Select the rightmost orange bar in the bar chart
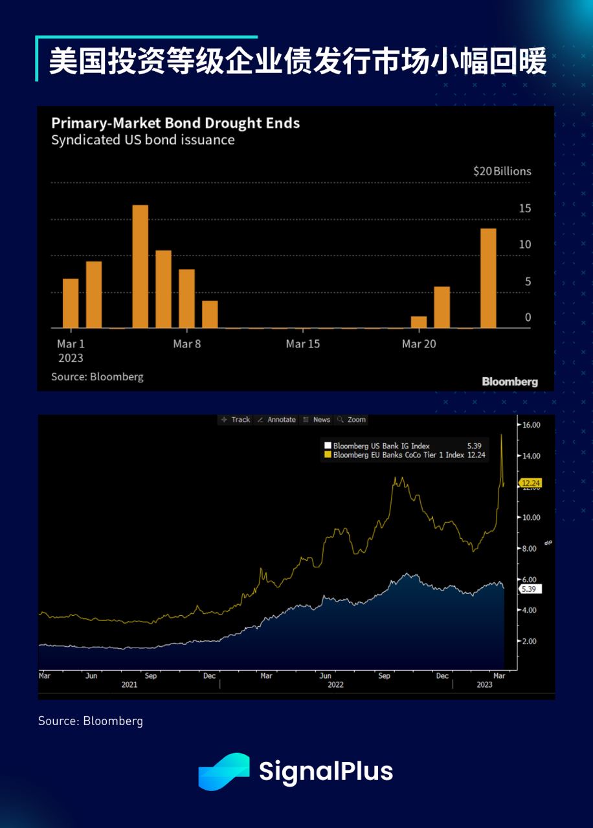click(x=488, y=278)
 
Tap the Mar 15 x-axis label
click(x=303, y=344)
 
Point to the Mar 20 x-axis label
click(x=419, y=344)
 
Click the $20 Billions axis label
click(x=502, y=171)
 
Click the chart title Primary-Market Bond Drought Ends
click(x=175, y=123)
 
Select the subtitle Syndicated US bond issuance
click(x=142, y=140)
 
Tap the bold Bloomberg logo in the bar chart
click(x=509, y=382)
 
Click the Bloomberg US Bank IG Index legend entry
click(x=381, y=446)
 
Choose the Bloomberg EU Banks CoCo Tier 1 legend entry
click(x=398, y=455)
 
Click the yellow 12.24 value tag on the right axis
click(x=531, y=483)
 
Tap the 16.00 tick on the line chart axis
click(x=531, y=425)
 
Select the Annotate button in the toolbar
click(x=276, y=420)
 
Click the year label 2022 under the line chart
click(x=335, y=684)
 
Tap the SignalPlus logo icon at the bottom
click(x=224, y=771)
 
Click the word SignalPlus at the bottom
click(x=326, y=772)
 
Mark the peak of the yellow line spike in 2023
click(x=502, y=434)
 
